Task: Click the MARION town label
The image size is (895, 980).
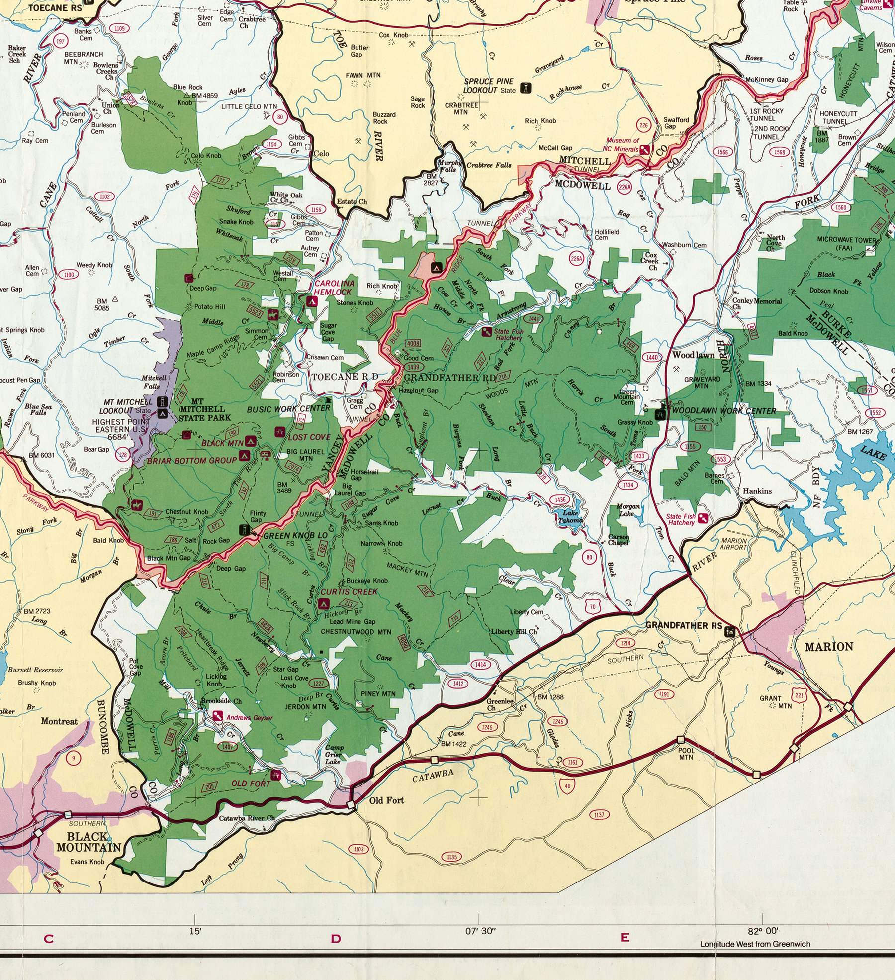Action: pos(828,647)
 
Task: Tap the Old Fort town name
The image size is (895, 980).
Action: pos(386,800)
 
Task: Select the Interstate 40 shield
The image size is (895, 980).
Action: pos(567,785)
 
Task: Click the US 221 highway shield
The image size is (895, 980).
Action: pos(799,695)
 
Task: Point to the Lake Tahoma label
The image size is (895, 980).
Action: pos(570,517)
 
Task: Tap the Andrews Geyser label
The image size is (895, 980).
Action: pos(249,718)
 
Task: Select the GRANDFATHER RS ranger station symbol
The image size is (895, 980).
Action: pos(730,632)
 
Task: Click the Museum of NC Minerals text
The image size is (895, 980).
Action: pos(621,145)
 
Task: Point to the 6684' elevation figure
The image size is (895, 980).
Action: pos(118,437)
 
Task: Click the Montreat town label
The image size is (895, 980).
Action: pos(59,721)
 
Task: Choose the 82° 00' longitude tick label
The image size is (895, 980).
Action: pos(762,931)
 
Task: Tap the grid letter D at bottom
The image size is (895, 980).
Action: pos(336,939)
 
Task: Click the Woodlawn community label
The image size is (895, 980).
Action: pos(693,355)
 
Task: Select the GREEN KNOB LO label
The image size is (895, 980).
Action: pos(295,535)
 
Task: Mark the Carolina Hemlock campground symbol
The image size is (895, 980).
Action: pos(312,301)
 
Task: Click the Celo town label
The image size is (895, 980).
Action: pos(321,153)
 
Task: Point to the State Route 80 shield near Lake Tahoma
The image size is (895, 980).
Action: pos(589,557)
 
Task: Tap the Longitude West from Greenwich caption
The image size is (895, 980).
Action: pos(755,944)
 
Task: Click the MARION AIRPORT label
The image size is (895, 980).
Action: pos(733,544)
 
